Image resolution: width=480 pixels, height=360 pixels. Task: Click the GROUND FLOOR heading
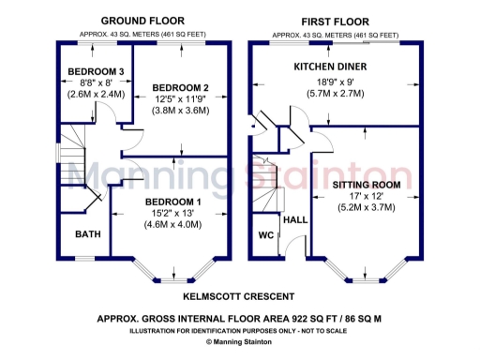click(142, 21)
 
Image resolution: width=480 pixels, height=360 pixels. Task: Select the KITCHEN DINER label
click(330, 67)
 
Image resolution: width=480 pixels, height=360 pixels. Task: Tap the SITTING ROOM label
click(367, 185)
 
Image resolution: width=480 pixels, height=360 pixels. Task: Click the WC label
click(265, 235)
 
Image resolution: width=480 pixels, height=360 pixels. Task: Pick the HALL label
click(295, 218)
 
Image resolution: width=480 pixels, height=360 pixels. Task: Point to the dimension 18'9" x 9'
click(330, 82)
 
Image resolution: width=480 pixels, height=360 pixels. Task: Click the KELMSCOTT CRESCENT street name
click(238, 295)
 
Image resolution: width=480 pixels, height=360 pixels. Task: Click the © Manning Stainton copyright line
click(240, 342)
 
